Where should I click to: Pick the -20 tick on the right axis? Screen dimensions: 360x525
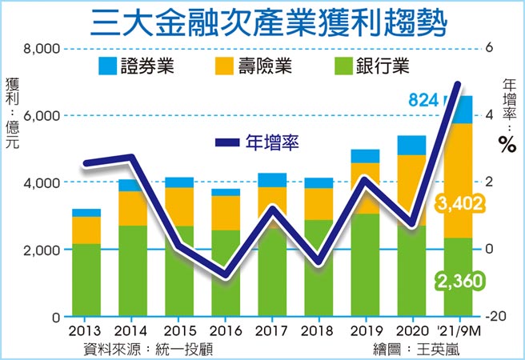coord(497,317)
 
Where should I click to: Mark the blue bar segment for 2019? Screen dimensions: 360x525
coord(365,156)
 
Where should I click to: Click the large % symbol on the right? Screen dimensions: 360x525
coord(506,144)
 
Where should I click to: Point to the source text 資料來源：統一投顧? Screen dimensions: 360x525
coord(148,349)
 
